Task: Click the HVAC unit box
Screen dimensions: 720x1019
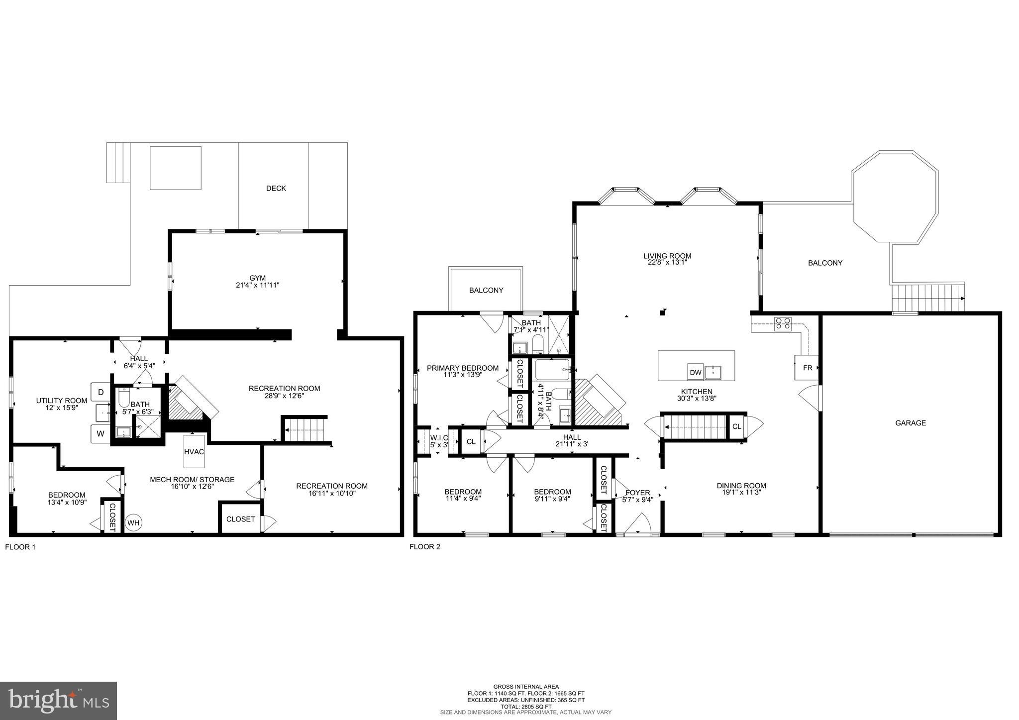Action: [x=194, y=451]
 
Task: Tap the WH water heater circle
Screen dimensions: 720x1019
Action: [x=133, y=522]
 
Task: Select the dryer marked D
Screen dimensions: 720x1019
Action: [x=101, y=392]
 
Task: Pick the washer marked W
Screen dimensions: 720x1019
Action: [x=101, y=433]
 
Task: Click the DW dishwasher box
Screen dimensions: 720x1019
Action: [x=695, y=372]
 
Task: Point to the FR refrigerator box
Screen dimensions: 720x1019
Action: [x=807, y=368]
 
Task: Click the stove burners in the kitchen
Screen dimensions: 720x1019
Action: [x=783, y=324]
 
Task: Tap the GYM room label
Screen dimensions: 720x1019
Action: [x=257, y=278]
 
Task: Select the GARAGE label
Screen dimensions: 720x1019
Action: [x=911, y=423]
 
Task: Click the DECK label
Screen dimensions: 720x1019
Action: [x=276, y=188]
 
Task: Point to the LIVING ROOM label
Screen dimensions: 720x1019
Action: [x=667, y=256]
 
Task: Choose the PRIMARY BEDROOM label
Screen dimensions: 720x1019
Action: [x=463, y=368]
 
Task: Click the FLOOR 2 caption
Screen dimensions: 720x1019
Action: [x=424, y=547]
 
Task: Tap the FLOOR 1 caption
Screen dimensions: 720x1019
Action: [x=20, y=547]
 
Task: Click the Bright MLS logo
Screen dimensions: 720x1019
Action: [x=59, y=701]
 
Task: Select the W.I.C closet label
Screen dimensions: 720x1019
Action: [x=439, y=438]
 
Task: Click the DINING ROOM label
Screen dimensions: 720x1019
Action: [x=741, y=486]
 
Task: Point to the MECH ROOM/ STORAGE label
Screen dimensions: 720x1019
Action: [x=192, y=480]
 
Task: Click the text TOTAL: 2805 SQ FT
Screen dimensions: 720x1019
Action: [x=526, y=707]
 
